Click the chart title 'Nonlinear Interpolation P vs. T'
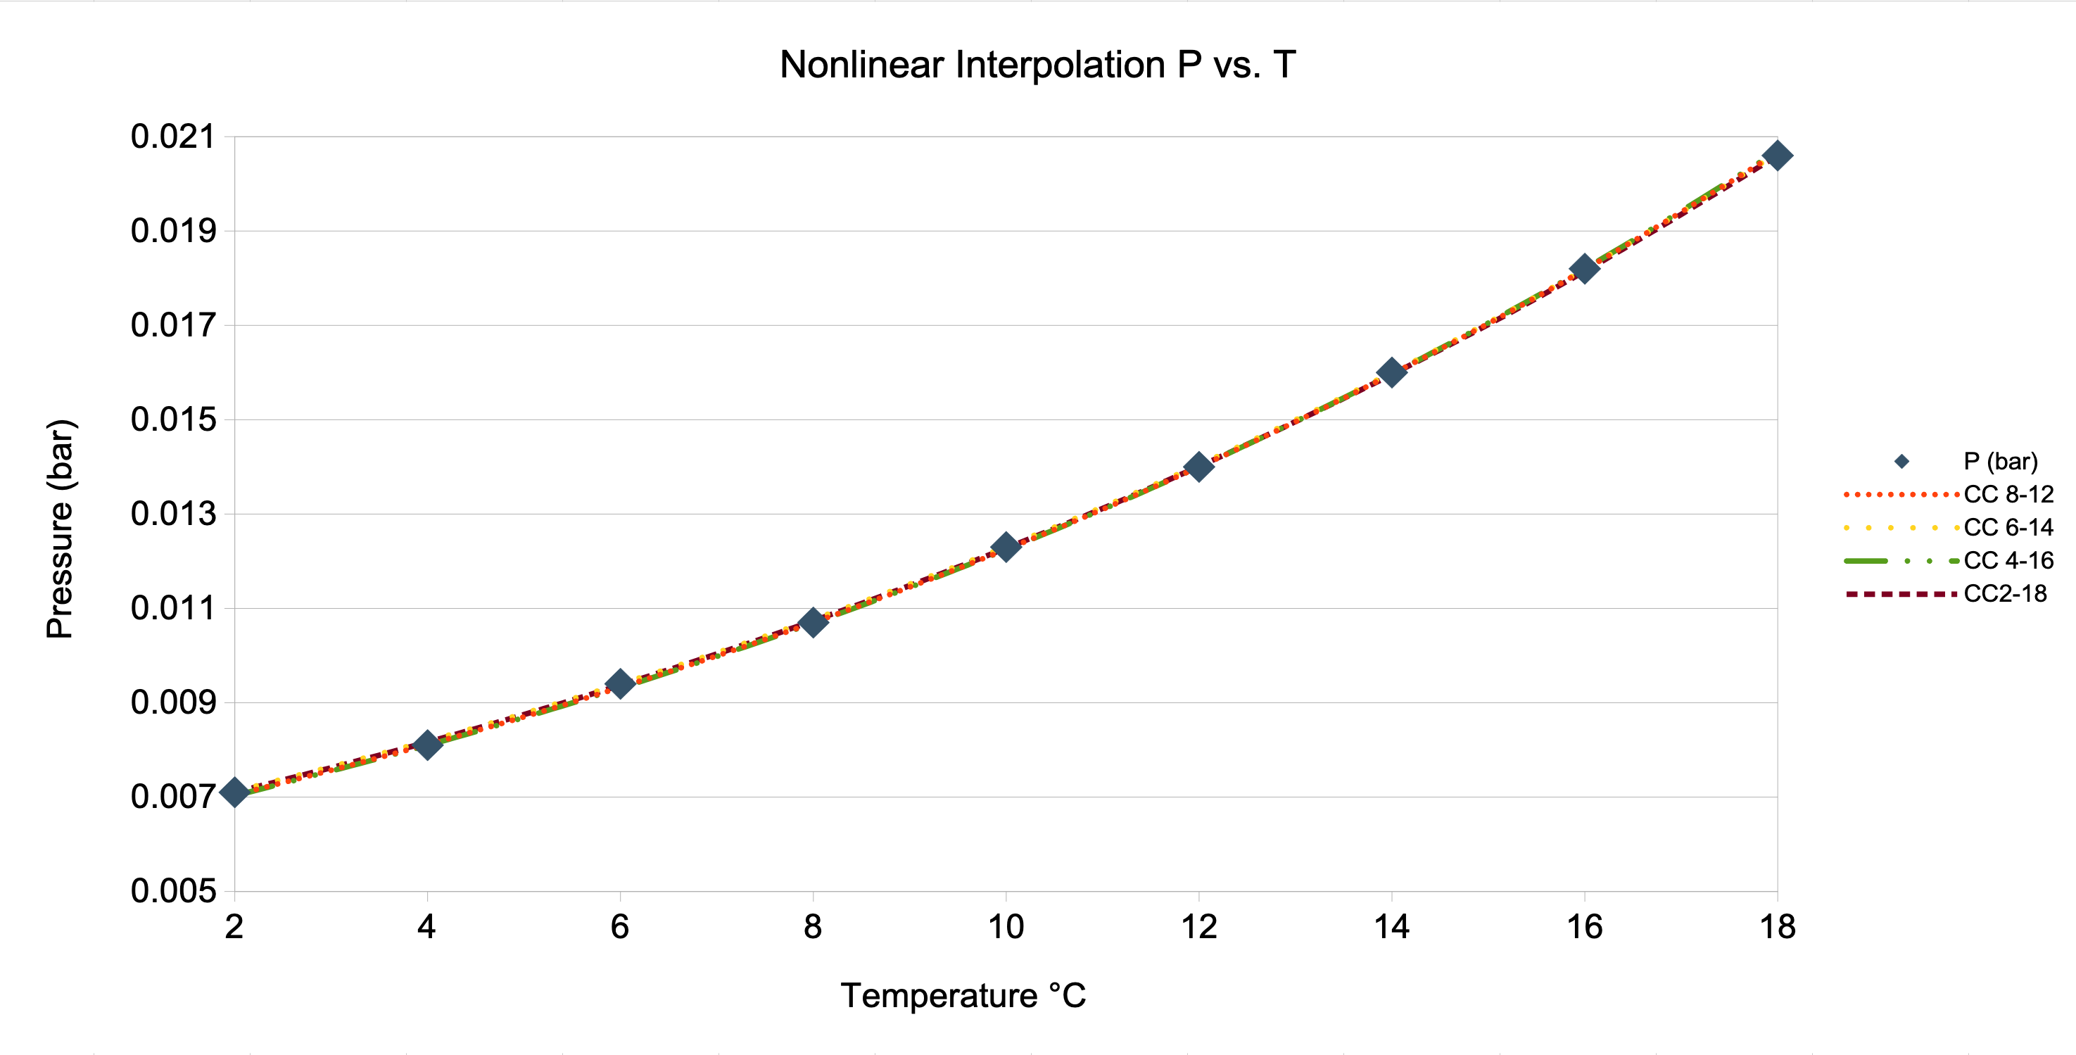pyautogui.click(x=1037, y=65)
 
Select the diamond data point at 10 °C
pyautogui.click(x=1005, y=546)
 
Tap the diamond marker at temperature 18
pyautogui.click(x=1777, y=156)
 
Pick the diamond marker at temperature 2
pyautogui.click(x=234, y=792)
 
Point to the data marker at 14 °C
pyautogui.click(x=1391, y=372)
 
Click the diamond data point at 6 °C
pyautogui.click(x=620, y=683)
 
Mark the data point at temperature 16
pyautogui.click(x=1583, y=268)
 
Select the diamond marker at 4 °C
pyautogui.click(x=427, y=745)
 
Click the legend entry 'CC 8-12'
pyautogui.click(x=2008, y=494)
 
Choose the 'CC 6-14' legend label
pyautogui.click(x=2008, y=527)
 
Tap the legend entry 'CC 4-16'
pyautogui.click(x=2008, y=560)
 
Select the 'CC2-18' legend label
pyautogui.click(x=2004, y=594)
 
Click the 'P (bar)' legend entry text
pyautogui.click(x=2000, y=461)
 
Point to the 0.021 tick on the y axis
pyautogui.click(x=173, y=137)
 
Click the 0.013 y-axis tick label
pyautogui.click(x=173, y=514)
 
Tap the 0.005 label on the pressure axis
pyautogui.click(x=173, y=892)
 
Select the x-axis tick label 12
pyautogui.click(x=1198, y=927)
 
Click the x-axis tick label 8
pyautogui.click(x=812, y=927)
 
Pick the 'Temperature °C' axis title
pyautogui.click(x=963, y=995)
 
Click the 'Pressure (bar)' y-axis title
pyautogui.click(x=60, y=529)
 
